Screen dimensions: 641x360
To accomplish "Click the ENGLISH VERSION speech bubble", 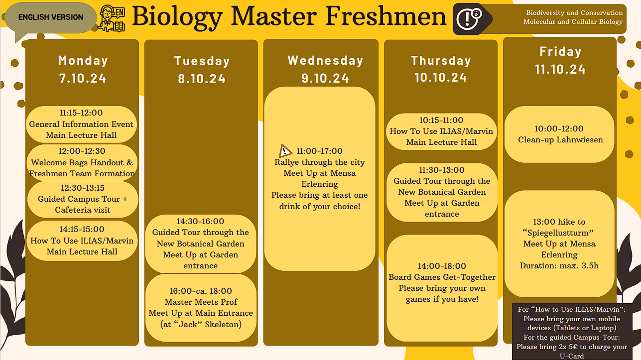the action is coord(51,18).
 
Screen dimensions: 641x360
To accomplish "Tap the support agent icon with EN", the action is coord(112,18).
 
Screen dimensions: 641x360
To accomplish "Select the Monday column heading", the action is coord(83,61).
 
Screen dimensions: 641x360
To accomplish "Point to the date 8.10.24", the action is coord(202,79).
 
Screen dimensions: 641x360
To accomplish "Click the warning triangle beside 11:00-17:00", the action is coord(285,151).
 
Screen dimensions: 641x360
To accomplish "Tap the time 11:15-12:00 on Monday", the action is coord(81,113).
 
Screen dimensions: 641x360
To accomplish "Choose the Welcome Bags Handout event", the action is coord(82,162).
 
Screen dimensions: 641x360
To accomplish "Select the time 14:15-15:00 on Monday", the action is coord(82,229).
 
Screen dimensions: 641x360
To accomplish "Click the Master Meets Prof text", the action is coord(201,302).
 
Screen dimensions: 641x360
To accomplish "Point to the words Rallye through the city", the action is coord(320,162).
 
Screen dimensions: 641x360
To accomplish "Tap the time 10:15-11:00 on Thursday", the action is coord(441,120).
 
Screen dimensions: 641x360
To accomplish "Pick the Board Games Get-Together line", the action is coord(442,277).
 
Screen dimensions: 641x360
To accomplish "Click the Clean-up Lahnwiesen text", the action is coord(560,139).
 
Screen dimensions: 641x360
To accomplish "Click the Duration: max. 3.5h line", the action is coord(559,266).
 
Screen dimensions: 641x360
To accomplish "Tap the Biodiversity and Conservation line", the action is coord(574,13).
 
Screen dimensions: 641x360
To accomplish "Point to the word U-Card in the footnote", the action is coord(572,356).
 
